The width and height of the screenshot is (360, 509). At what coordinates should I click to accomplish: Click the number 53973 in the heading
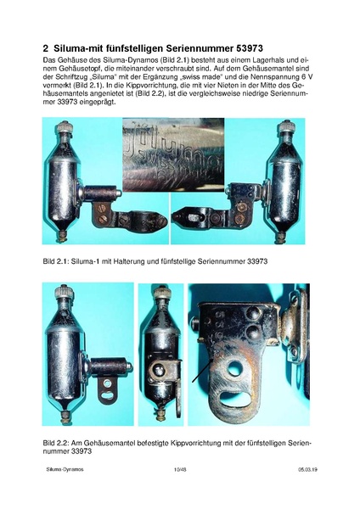pyautogui.click(x=248, y=48)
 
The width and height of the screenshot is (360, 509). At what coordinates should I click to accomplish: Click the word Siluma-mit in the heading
pyautogui.click(x=77, y=48)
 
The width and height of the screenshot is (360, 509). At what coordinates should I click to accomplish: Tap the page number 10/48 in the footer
pyautogui.click(x=180, y=469)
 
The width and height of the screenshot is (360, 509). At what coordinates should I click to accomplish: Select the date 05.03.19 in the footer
pyautogui.click(x=308, y=469)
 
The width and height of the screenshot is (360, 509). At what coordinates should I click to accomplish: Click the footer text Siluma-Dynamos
pyautogui.click(x=65, y=469)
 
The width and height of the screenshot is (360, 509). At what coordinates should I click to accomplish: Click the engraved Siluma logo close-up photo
pyautogui.click(x=173, y=154)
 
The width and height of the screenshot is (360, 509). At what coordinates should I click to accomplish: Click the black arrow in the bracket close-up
pyautogui.click(x=203, y=370)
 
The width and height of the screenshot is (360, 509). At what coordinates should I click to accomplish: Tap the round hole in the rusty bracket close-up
pyautogui.click(x=234, y=368)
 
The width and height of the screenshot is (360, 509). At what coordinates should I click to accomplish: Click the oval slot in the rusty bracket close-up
pyautogui.click(x=235, y=400)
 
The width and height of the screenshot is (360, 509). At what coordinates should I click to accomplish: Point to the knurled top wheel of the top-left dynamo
pyautogui.click(x=65, y=126)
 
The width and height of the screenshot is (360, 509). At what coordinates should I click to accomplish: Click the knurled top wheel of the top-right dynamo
pyautogui.click(x=287, y=126)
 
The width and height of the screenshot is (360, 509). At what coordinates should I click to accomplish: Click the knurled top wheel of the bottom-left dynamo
pyautogui.click(x=64, y=292)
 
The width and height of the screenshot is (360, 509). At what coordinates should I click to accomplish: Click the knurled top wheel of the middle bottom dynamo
pyautogui.click(x=160, y=292)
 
